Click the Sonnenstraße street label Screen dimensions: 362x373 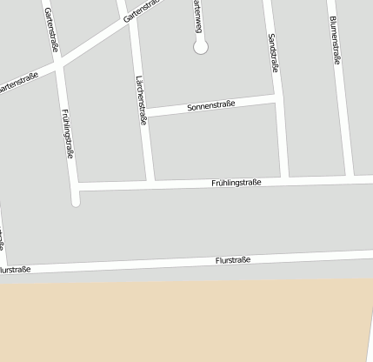[212, 105]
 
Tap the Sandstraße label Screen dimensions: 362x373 [273, 53]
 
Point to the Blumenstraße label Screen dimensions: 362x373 [335, 40]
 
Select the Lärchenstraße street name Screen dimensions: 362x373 [140, 101]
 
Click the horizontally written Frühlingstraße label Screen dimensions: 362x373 [236, 183]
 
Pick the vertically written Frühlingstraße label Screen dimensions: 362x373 [69, 132]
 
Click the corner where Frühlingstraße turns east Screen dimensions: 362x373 [75, 186]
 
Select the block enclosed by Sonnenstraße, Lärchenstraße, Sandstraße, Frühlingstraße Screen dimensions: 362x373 [216, 144]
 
